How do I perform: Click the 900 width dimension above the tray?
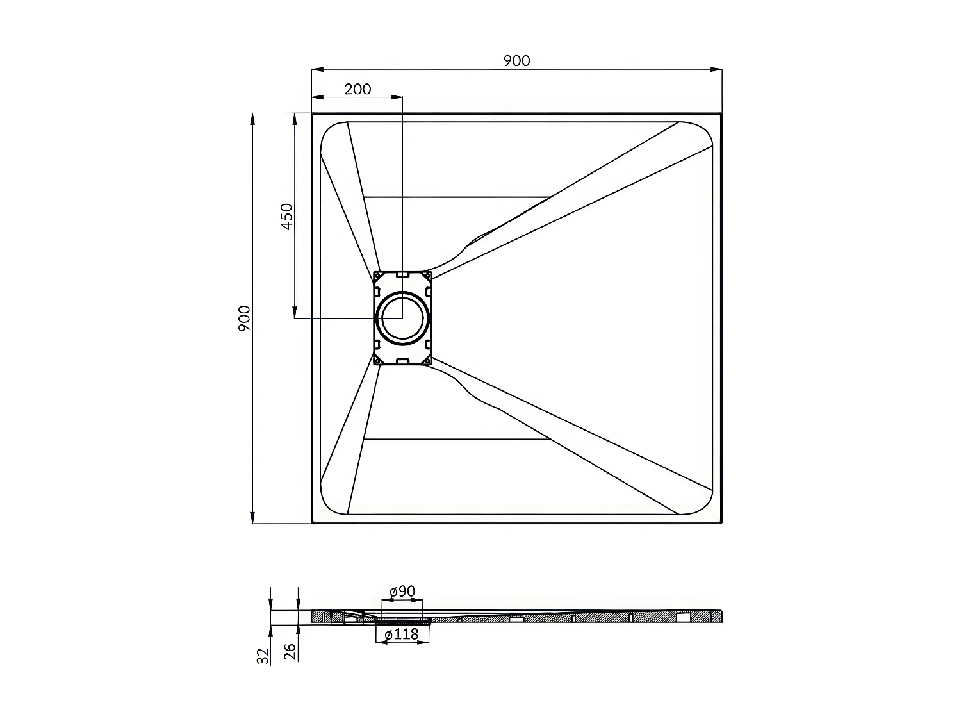tap(516, 60)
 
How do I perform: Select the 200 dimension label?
tap(357, 89)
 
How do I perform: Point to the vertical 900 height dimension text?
tap(244, 319)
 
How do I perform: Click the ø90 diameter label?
tap(402, 591)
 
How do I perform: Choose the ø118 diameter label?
tap(402, 634)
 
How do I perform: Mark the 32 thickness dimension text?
tap(263, 656)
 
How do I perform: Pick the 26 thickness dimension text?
tap(290, 652)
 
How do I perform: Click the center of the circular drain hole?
tap(402, 318)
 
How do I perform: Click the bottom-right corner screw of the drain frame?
tap(427, 361)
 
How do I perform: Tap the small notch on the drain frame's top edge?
tap(403, 274)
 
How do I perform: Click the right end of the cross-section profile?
tap(721, 616)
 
